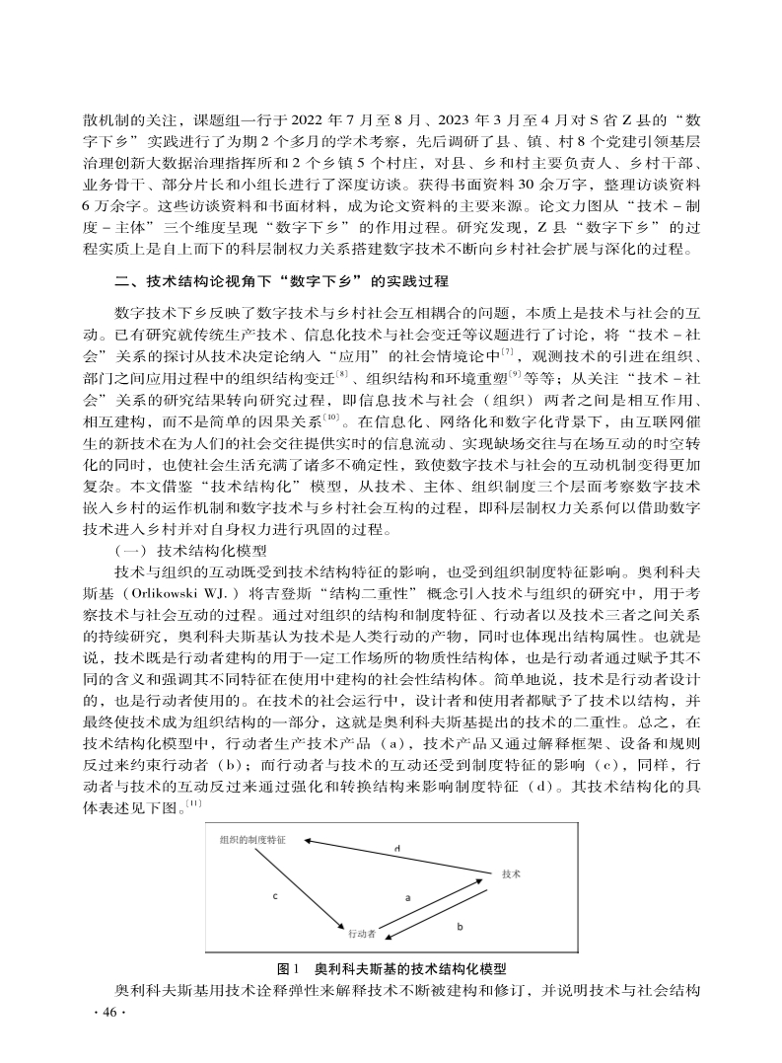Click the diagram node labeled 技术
511,874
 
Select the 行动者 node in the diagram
361,931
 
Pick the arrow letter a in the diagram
408,897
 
